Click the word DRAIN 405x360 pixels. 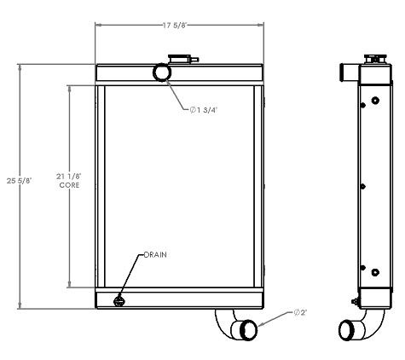pos(154,255)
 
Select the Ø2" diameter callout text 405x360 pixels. pos(300,312)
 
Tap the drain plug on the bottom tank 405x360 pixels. pos(119,299)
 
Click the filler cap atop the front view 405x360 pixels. pos(182,60)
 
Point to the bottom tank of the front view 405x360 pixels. pos(180,299)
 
